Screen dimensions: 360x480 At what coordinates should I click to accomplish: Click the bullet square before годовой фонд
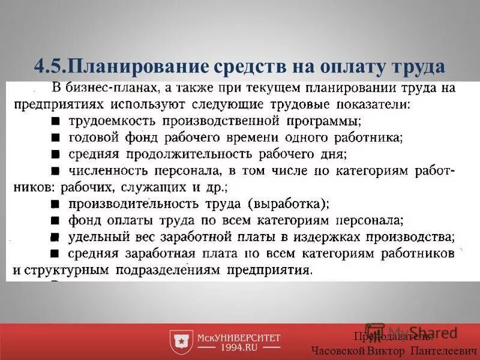55,137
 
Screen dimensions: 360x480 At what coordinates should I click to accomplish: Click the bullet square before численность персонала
55,170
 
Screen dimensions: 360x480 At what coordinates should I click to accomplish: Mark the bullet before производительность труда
55,203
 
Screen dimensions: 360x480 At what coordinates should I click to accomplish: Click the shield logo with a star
180,341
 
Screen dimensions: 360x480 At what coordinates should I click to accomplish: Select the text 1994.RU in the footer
239,347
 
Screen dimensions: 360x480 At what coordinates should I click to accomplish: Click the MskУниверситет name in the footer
239,337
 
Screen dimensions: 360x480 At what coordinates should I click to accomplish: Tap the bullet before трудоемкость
55,121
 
